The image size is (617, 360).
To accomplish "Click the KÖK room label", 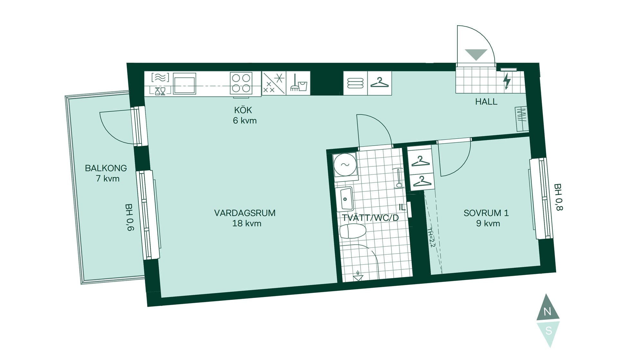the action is coord(243,110).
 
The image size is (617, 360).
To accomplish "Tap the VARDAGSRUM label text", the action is coord(245,213).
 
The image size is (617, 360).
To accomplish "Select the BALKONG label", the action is coord(106,168).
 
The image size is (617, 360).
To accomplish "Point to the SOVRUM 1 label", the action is coord(486,213).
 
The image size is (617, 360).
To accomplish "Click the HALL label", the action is coord(486,102).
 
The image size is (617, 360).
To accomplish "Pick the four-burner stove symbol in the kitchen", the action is coord(241,83).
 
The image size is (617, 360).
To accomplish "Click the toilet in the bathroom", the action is coord(353,231).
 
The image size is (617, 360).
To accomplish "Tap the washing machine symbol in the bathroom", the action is coord(345,165).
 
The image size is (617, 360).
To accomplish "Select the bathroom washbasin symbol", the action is coord(344,199).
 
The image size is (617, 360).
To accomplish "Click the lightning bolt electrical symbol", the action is coord(507,81).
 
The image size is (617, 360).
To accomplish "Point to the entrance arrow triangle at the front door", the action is coord(476,55).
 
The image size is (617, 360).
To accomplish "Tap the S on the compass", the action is coord(549,331).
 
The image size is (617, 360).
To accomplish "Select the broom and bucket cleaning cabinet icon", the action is coord(299,83).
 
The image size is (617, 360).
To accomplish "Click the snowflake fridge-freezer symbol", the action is coord(274,83).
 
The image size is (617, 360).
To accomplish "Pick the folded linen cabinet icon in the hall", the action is coord(355,83).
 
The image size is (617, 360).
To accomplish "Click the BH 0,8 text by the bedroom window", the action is coord(559,197).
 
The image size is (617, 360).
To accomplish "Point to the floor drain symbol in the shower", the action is coord(358,276).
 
